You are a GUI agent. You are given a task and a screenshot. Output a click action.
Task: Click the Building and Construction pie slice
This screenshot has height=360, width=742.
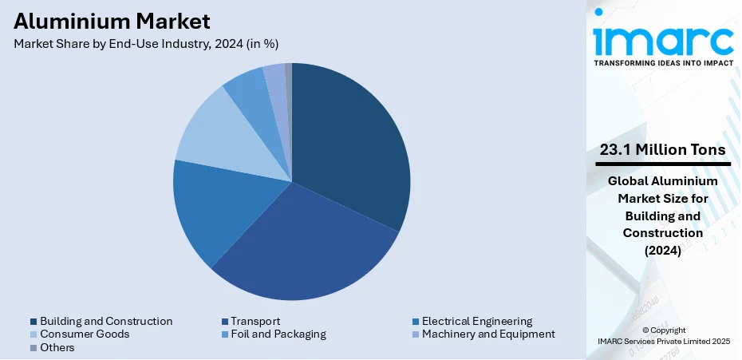click(351, 144)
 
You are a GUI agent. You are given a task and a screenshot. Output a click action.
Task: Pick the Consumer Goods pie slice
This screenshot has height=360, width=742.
click(223, 132)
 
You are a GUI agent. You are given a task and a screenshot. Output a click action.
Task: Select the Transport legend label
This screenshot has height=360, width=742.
click(255, 321)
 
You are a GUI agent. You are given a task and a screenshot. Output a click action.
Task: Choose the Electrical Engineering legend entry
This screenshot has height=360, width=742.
click(477, 321)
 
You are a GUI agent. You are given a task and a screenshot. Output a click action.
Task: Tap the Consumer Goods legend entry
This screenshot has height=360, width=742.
click(85, 334)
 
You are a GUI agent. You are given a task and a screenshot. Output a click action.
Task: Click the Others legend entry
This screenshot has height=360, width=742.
click(57, 347)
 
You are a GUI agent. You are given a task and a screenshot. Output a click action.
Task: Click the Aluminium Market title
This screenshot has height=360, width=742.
click(112, 20)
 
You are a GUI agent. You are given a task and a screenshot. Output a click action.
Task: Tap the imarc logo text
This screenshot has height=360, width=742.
click(662, 40)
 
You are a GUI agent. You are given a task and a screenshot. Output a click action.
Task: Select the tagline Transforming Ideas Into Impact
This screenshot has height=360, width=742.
click(662, 61)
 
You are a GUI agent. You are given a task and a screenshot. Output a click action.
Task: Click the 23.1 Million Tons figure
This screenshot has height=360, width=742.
click(662, 149)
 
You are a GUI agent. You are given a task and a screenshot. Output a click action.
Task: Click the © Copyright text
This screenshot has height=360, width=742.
click(662, 330)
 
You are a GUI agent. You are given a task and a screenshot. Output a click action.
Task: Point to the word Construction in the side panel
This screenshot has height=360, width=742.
click(663, 232)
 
